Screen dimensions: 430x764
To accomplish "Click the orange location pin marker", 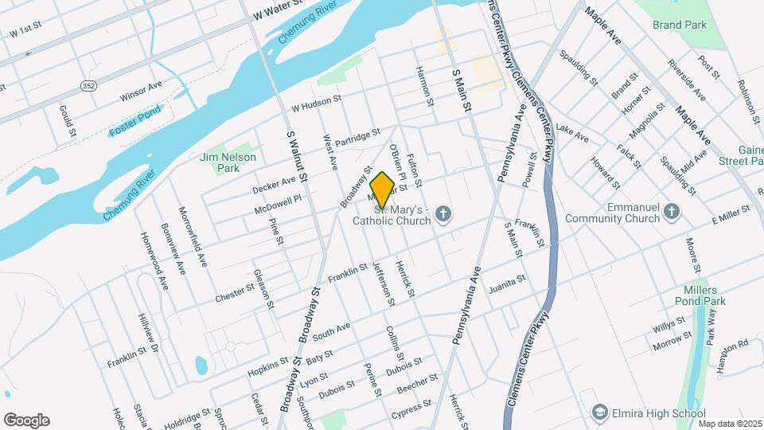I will (x=383, y=189).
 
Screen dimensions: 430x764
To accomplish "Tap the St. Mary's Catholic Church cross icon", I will (x=444, y=213).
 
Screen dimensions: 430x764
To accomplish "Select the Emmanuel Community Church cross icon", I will (x=672, y=211).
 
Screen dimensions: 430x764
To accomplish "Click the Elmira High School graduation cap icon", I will (x=598, y=412).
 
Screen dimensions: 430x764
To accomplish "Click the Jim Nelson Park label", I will (x=220, y=162).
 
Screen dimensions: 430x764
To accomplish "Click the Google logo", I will (x=26, y=420).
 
